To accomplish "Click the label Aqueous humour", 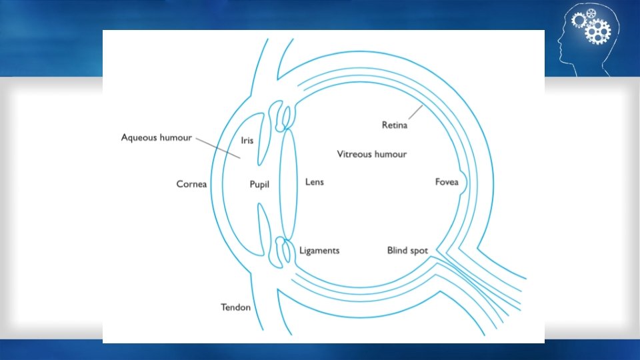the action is pyautogui.click(x=156, y=137).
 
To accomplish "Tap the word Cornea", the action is pyautogui.click(x=191, y=183).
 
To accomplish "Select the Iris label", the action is pyautogui.click(x=247, y=141).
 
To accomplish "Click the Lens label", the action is pyautogui.click(x=314, y=181).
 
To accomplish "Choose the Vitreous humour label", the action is pyautogui.click(x=371, y=154).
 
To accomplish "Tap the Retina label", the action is pyautogui.click(x=395, y=124).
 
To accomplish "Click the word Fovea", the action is pyautogui.click(x=447, y=182).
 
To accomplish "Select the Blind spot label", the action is pyautogui.click(x=407, y=251).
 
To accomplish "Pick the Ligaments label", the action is pyautogui.click(x=319, y=251).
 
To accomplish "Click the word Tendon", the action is pyautogui.click(x=235, y=307).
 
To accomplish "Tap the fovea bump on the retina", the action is pyautogui.click(x=462, y=181).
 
